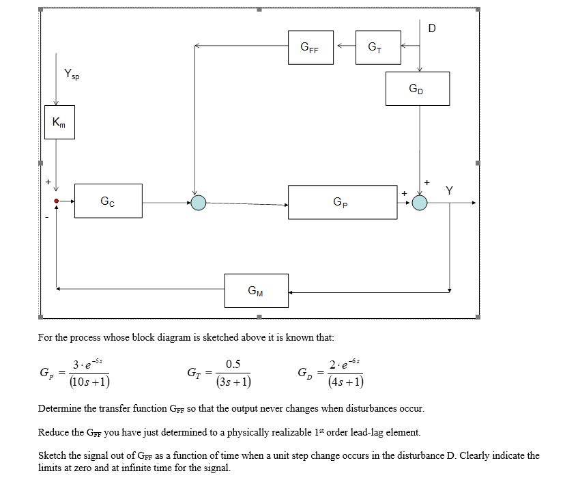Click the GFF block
(x=310, y=48)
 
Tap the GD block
(x=417, y=89)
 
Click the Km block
(x=59, y=122)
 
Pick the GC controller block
(x=108, y=201)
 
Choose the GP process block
(x=342, y=202)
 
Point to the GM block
(x=257, y=291)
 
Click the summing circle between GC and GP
(x=198, y=203)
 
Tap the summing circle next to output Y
(x=420, y=203)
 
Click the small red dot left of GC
(x=57, y=201)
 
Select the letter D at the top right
(x=431, y=28)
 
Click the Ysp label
(x=72, y=74)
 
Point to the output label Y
(x=449, y=190)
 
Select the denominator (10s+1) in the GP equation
(x=89, y=382)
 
